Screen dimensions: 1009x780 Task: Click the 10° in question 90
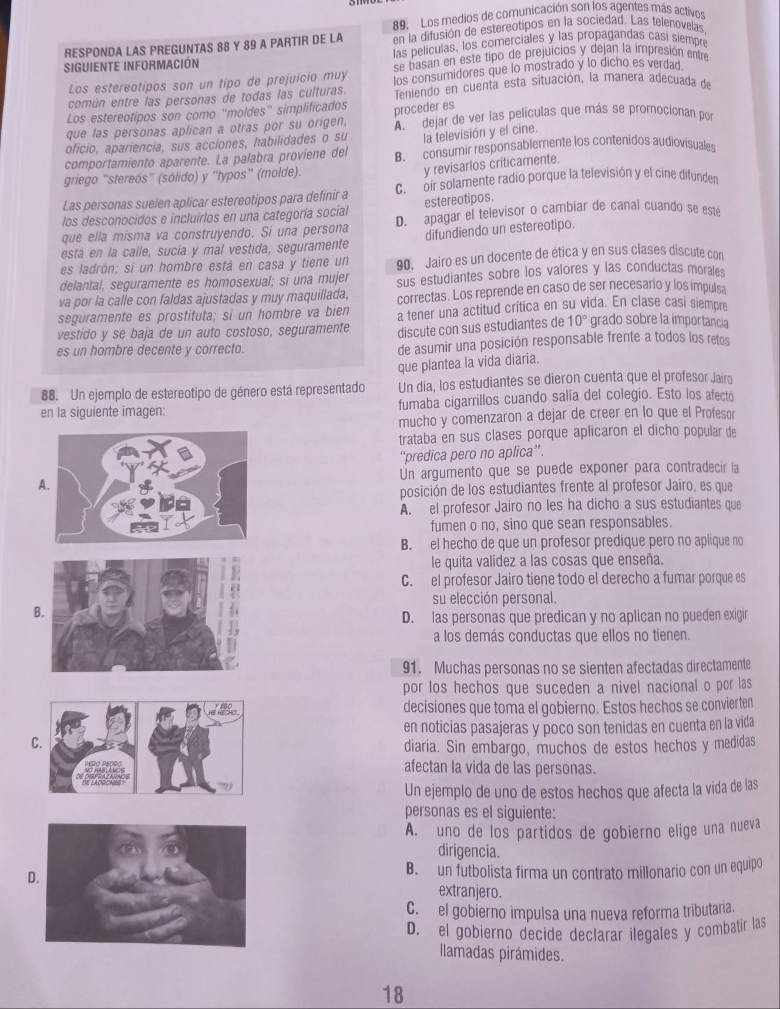573,322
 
